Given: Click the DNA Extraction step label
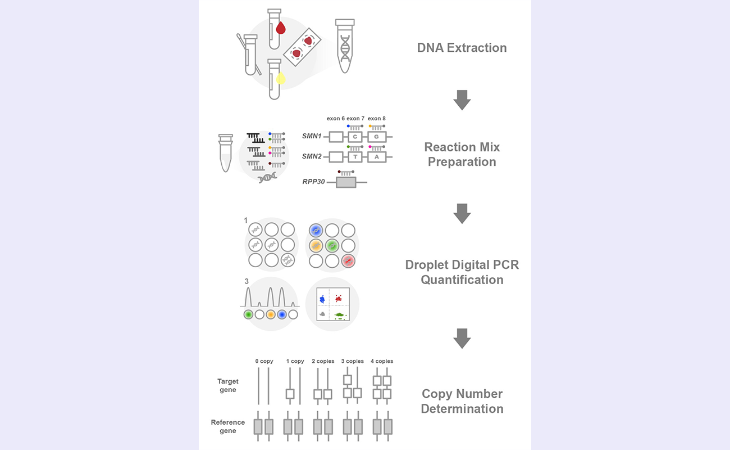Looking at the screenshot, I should (462, 48).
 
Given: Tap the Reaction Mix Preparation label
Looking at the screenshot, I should (462, 155).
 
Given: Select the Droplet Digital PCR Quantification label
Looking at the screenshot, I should (462, 272).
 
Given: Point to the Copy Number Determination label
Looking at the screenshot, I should (462, 401).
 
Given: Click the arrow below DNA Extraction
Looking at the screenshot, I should (462, 100).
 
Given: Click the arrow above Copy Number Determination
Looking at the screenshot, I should (462, 339).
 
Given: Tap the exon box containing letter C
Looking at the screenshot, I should (355, 137).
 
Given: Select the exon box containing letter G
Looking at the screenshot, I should (377, 137).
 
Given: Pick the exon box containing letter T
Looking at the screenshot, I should (355, 157).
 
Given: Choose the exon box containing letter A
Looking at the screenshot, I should (377, 157).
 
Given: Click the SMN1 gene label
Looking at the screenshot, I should (312, 137).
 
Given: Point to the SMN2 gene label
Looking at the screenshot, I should (312, 157).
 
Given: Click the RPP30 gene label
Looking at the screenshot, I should (313, 182).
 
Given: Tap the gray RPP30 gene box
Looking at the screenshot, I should (346, 182).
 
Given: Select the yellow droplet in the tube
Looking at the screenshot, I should (281, 79).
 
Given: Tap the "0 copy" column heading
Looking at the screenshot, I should (264, 361).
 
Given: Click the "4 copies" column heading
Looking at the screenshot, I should (382, 361).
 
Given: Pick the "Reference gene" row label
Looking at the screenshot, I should (228, 426).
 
